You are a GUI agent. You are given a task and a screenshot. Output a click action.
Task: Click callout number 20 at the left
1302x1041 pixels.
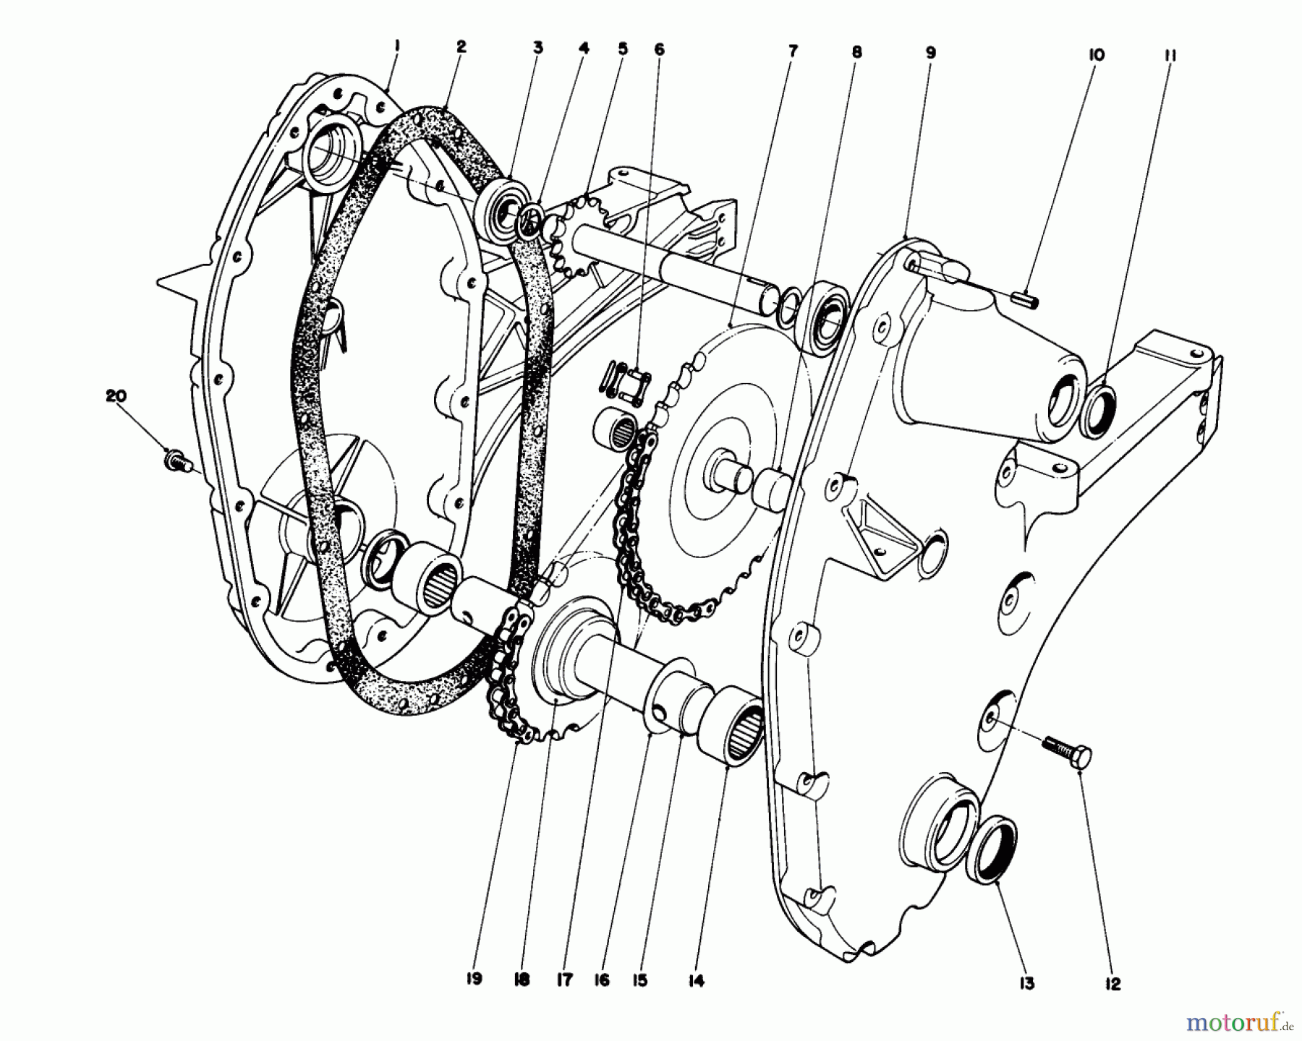[116, 396]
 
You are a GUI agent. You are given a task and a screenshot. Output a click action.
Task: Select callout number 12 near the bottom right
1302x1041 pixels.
[1112, 984]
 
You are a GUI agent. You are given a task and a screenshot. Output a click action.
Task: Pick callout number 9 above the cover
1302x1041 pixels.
[930, 52]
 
